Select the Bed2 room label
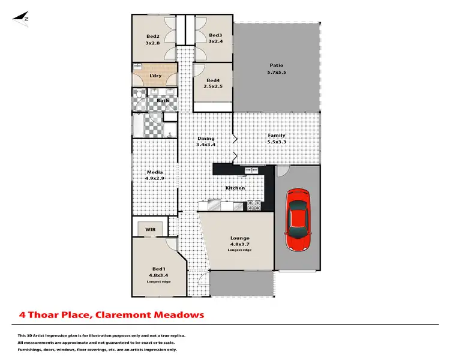(x=152, y=36)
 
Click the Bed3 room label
(x=215, y=36)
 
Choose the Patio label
(x=276, y=65)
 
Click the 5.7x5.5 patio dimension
(x=276, y=73)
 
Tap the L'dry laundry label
(x=155, y=76)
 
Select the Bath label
(x=163, y=100)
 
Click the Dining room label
(x=206, y=139)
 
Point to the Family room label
(x=277, y=135)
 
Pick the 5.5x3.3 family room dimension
(x=277, y=142)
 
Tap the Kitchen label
(x=235, y=188)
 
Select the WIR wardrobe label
(x=148, y=228)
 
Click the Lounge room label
(x=239, y=238)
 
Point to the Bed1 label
(x=158, y=268)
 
